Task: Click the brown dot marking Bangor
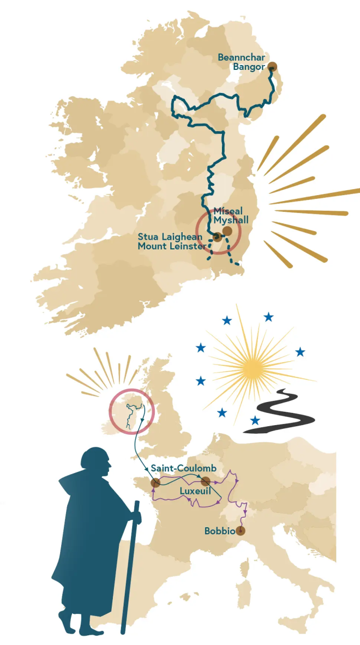coord(272,67)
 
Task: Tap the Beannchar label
coord(241,58)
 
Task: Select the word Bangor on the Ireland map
coord(249,67)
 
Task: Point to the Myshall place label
coord(231,220)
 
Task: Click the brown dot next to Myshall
coord(227,231)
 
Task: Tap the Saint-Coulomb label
coord(183,468)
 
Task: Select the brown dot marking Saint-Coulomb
coord(156,483)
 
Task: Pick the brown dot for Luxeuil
coord(205,481)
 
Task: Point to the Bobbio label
coord(219,531)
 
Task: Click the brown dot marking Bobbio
coord(240,531)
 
